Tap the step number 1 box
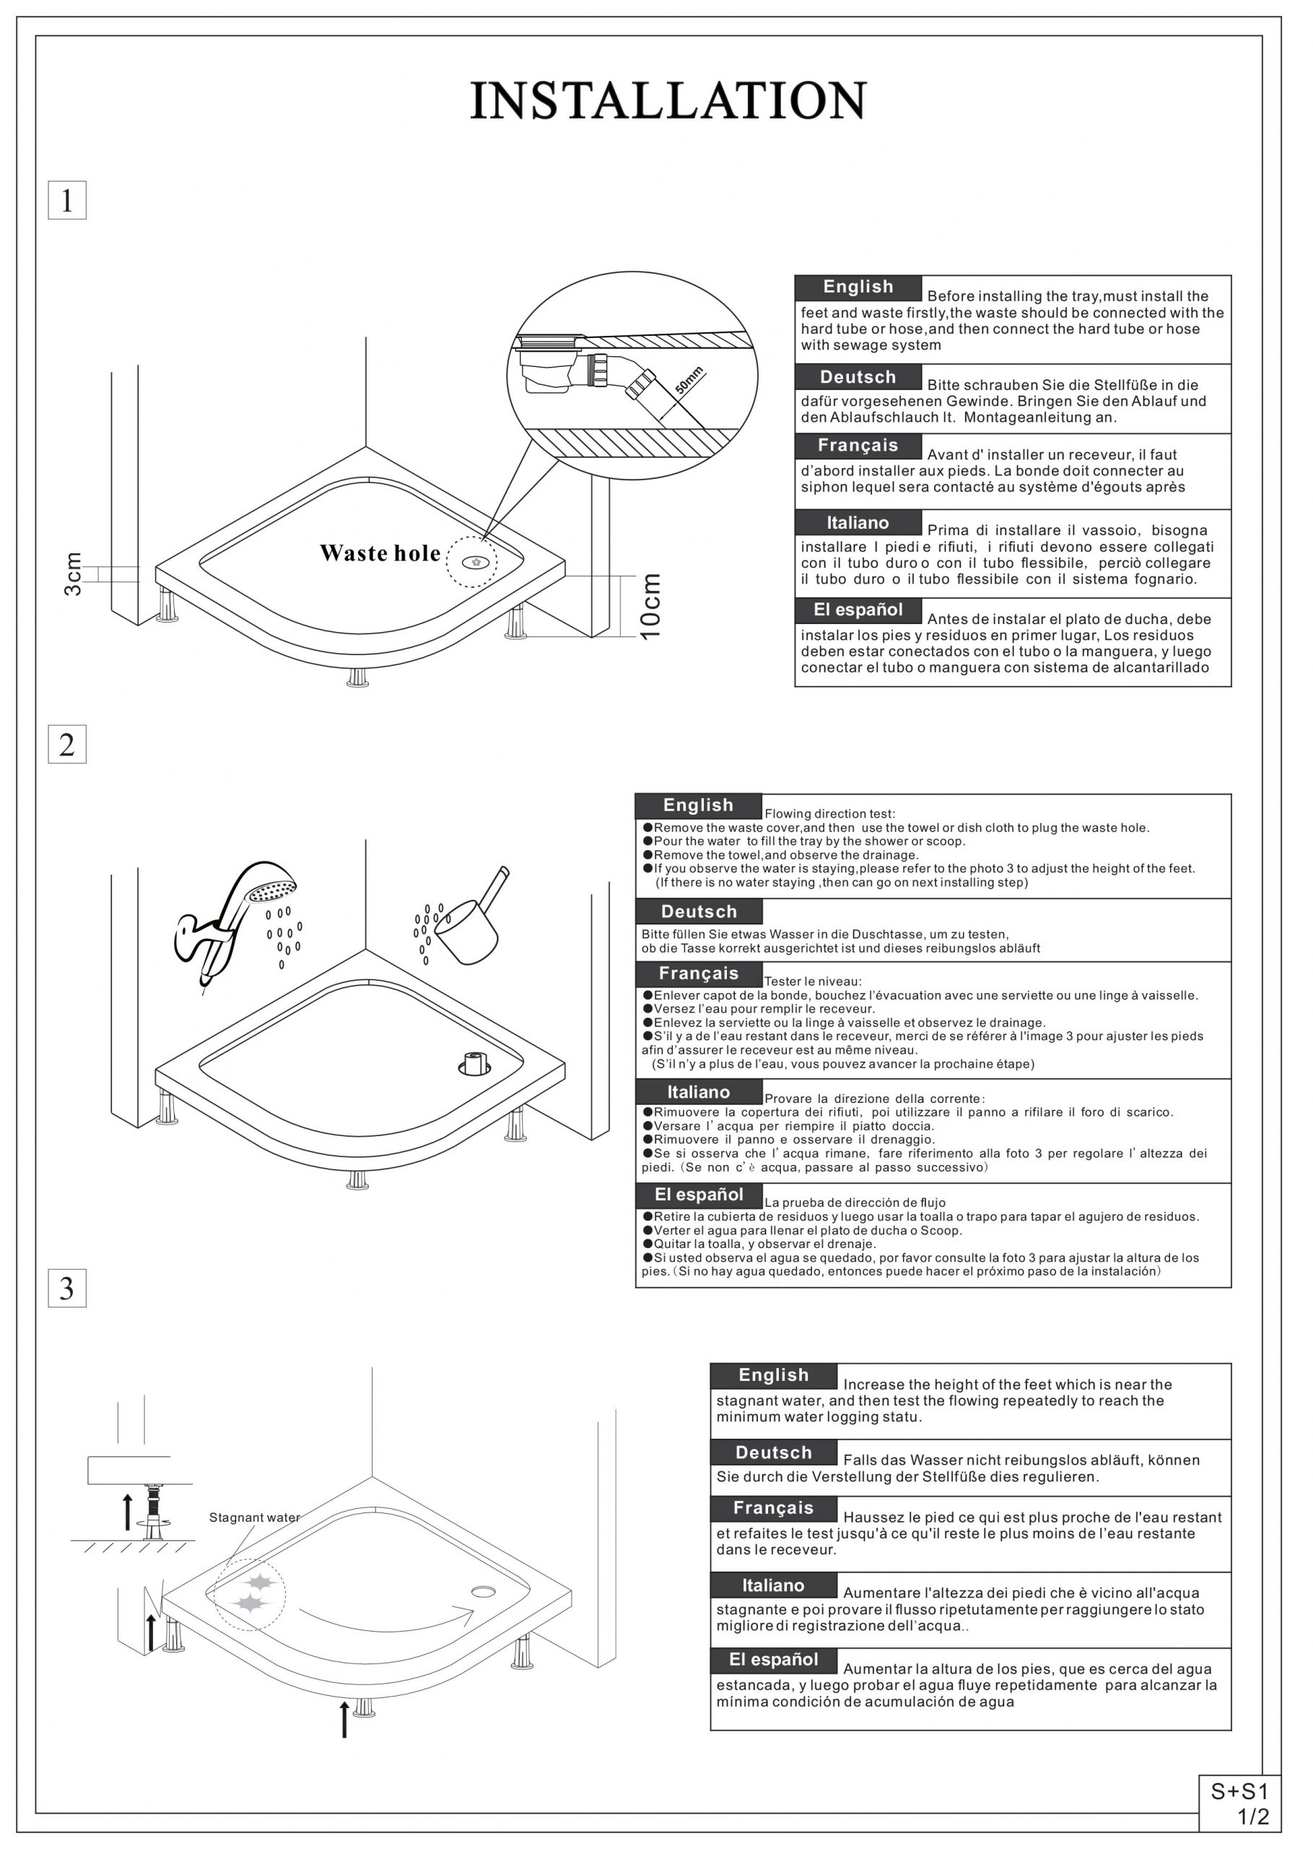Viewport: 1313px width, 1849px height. coord(67,201)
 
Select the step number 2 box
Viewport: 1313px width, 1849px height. coord(67,744)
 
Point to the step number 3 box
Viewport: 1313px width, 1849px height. coord(67,1289)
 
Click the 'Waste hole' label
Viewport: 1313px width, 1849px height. coord(380,554)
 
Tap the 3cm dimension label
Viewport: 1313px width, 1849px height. coord(73,574)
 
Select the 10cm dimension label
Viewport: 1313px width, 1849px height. coord(651,606)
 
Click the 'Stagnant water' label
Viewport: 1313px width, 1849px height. coord(254,1517)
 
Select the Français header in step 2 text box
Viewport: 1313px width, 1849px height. coord(699,974)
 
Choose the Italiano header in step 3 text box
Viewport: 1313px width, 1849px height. coord(773,1585)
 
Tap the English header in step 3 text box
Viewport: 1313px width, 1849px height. coord(773,1375)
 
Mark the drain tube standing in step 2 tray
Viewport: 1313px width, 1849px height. coord(474,1062)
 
